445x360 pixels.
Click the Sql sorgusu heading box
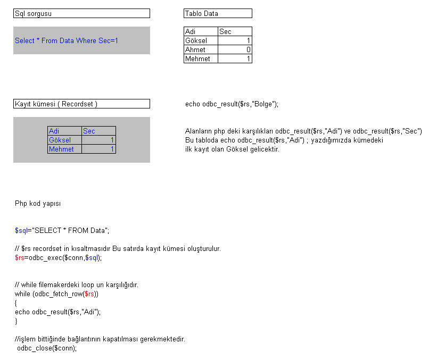tap(81, 13)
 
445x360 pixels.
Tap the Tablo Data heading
tap(218, 13)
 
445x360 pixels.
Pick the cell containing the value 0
tap(235, 49)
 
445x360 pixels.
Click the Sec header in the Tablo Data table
tap(235, 31)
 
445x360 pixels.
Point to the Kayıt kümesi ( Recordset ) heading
tap(81, 104)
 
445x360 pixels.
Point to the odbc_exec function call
tap(45, 257)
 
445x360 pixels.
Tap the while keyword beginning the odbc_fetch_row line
tap(23, 294)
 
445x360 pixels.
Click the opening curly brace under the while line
tap(16, 303)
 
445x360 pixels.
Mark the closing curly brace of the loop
tap(16, 321)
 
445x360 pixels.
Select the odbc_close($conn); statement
tap(47, 348)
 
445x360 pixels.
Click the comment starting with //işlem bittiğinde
tap(100, 339)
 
